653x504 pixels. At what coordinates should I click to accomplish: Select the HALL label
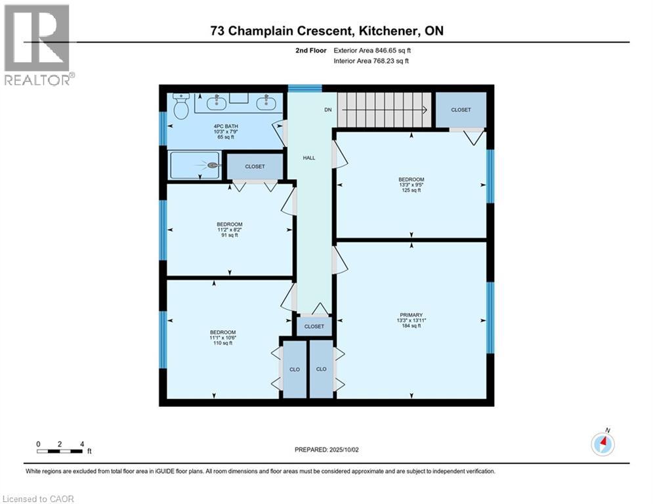click(309, 158)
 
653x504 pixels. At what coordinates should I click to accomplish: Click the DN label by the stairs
click(328, 110)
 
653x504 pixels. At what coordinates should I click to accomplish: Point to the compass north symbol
click(602, 444)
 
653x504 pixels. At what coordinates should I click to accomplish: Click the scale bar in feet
click(60, 450)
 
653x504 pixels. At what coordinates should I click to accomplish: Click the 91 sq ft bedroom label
click(230, 232)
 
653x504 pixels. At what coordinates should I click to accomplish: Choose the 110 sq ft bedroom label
click(222, 338)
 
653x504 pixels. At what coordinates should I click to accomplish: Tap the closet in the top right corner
click(461, 110)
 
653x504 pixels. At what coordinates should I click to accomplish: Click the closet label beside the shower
click(255, 167)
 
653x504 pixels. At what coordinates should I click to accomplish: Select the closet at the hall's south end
click(314, 326)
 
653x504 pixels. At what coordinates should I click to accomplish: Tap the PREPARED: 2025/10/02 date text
click(327, 450)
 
